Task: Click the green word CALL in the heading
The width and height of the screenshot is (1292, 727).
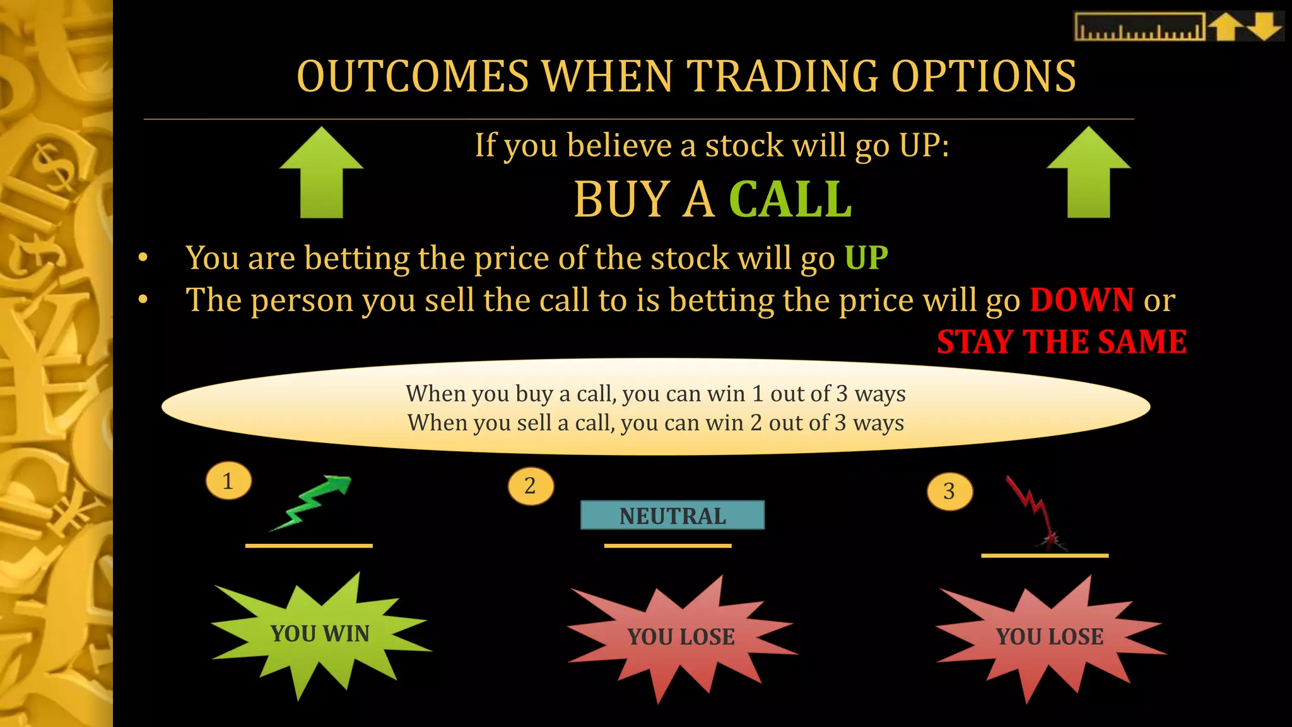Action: pos(790,199)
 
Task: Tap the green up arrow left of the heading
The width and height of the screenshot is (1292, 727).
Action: pos(322,174)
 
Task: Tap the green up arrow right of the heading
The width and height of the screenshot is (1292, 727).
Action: pos(1088,174)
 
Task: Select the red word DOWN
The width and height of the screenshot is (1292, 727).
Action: pos(1082,300)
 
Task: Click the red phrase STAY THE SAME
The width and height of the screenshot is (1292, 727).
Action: pos(1062,342)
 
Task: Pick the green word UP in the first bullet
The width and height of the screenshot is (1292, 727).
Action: pos(866,258)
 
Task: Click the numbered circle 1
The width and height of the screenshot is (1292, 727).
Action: pos(228,482)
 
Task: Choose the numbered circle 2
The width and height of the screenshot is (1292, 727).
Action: pos(531,486)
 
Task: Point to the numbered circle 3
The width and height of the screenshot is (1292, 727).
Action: pos(949,491)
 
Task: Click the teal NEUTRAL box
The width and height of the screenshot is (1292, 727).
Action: pos(672,516)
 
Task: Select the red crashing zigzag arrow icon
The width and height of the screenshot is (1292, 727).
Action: pos(1035,511)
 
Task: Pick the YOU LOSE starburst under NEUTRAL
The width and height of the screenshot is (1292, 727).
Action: pos(681,637)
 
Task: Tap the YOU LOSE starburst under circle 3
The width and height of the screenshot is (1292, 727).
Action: pos(1050,637)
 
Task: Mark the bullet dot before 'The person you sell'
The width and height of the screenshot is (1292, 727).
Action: pos(143,300)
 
